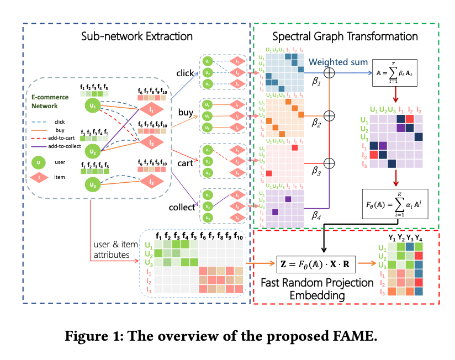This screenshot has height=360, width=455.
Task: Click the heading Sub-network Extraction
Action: [136, 37]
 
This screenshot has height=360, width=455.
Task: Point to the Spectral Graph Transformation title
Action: [345, 37]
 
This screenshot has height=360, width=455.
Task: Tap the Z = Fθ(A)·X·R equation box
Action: [314, 264]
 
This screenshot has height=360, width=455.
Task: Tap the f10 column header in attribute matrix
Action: [239, 237]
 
